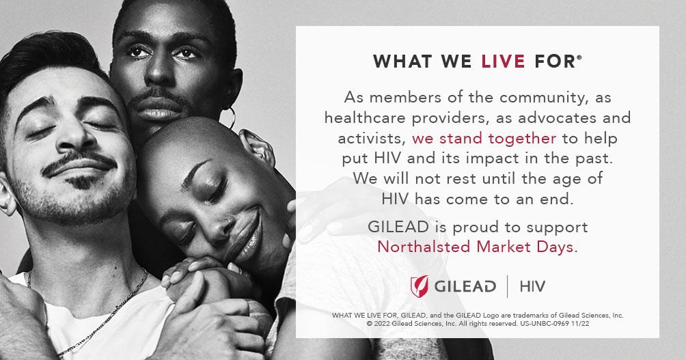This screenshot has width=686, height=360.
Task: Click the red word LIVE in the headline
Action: (x=503, y=61)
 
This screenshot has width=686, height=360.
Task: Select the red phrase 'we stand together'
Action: (x=484, y=139)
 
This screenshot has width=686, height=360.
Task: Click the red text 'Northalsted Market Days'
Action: (x=475, y=247)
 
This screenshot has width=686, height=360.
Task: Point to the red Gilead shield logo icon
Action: (x=419, y=286)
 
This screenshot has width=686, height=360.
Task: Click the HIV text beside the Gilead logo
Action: (x=532, y=286)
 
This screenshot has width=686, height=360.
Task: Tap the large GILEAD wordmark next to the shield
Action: (x=465, y=286)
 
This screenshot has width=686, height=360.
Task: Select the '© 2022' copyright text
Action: (x=379, y=324)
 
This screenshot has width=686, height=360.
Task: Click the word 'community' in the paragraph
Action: (x=542, y=98)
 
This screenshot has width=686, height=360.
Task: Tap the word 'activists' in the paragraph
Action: (x=370, y=139)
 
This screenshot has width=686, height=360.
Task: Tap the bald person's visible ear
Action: (x=258, y=147)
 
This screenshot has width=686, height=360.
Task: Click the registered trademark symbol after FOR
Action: (x=579, y=57)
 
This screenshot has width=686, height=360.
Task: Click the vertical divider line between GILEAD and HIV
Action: (x=508, y=286)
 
